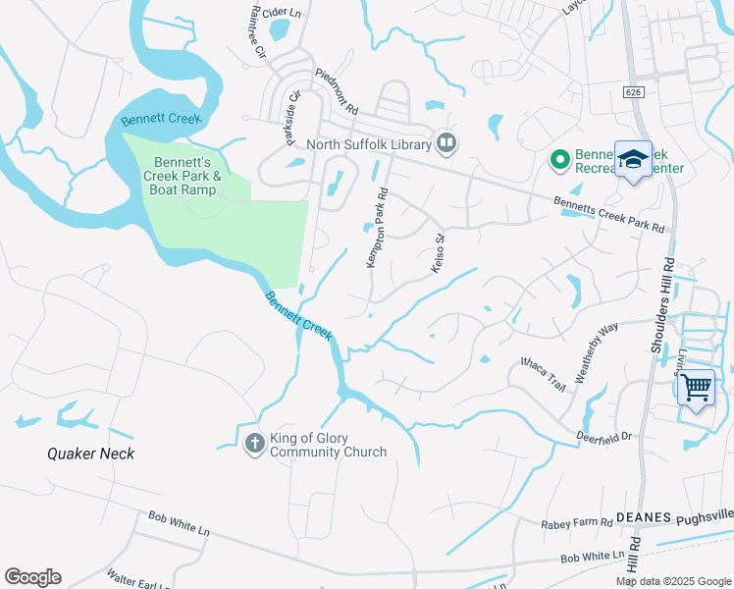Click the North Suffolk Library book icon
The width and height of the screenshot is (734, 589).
click(x=446, y=144)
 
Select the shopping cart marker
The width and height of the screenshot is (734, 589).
click(x=697, y=389)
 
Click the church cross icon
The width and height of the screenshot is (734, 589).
click(x=254, y=444)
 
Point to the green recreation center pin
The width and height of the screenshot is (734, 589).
click(x=559, y=158)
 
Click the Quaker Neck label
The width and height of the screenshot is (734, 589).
click(x=90, y=454)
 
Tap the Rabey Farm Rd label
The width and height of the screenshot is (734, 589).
click(x=575, y=524)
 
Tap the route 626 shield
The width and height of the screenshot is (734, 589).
click(x=631, y=91)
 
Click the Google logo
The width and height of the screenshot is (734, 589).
click(x=32, y=577)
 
